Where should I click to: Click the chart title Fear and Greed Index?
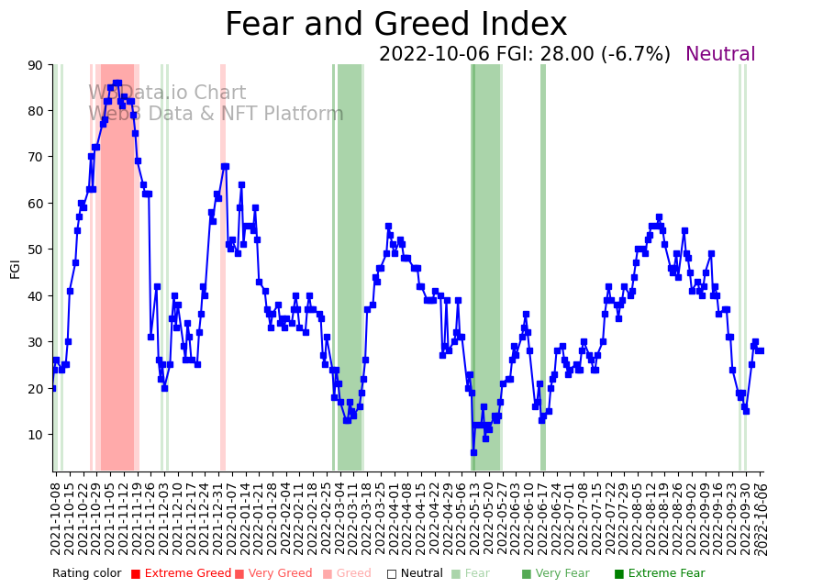(x=395, y=25)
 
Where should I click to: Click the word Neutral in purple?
(x=719, y=55)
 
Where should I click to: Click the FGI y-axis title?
(x=15, y=268)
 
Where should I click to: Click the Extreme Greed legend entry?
(x=181, y=574)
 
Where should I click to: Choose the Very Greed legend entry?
(x=273, y=574)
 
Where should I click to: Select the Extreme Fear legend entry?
(x=660, y=574)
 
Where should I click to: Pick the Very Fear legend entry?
(x=557, y=574)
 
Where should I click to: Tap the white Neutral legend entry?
(x=415, y=574)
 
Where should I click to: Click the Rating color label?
(x=86, y=574)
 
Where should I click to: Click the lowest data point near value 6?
(x=473, y=452)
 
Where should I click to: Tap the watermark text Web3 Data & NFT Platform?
(x=216, y=114)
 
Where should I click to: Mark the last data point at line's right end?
(x=761, y=350)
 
